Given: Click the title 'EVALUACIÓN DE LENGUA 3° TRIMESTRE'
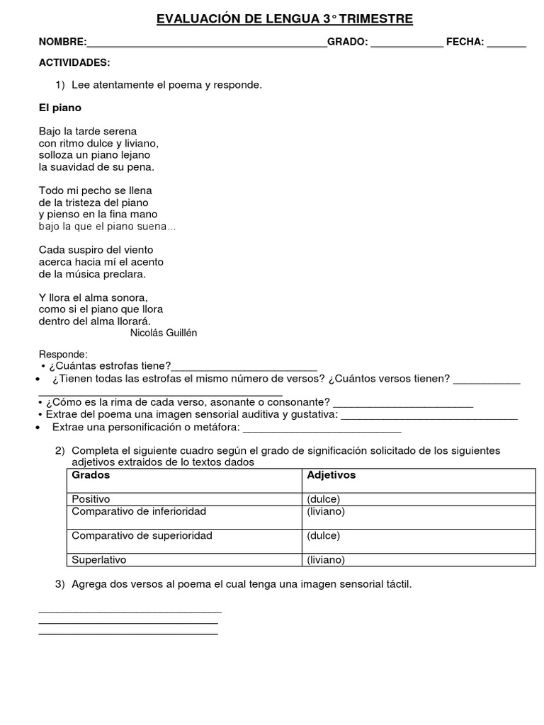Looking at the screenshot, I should [x=284, y=19].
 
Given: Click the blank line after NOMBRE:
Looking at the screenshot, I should [x=207, y=44].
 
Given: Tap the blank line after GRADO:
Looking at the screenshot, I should [x=407, y=44].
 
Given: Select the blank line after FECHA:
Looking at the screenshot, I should [x=506, y=44].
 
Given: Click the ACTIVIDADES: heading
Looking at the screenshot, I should [x=74, y=63].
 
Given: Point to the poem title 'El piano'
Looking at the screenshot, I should [x=60, y=108].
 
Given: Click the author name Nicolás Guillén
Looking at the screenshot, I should [x=164, y=333].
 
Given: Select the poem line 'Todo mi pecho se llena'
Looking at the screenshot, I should [x=96, y=190].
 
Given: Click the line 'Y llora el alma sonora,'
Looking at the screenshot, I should [x=93, y=297].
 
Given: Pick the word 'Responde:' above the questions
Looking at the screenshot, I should [x=63, y=354].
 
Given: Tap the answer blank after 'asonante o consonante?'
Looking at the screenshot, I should [x=403, y=404].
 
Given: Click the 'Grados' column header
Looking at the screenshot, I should [x=91, y=475].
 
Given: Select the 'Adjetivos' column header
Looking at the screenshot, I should [x=331, y=475].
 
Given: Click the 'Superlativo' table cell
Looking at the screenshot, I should [x=99, y=560].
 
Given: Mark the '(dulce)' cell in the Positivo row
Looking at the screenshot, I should [x=324, y=499].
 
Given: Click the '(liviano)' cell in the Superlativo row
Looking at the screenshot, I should [x=326, y=560].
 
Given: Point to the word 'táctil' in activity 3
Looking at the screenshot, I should [x=397, y=584].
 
